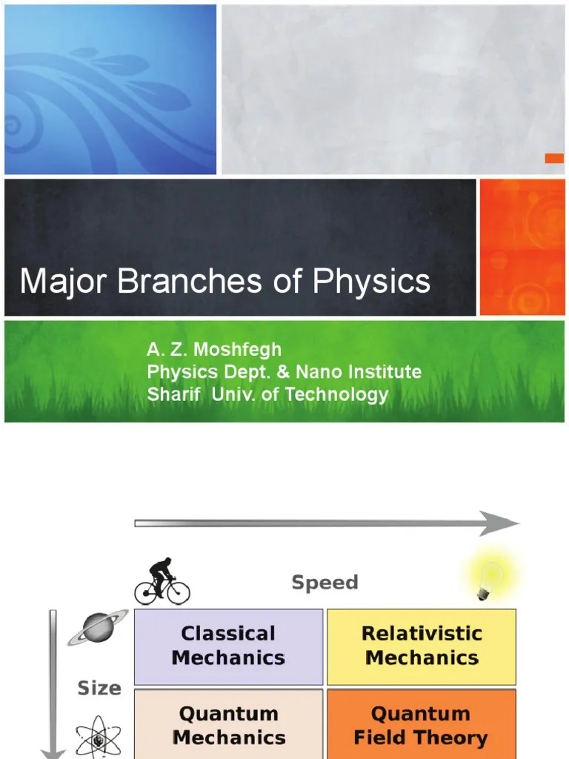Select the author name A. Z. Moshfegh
214,349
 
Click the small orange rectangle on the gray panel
554,158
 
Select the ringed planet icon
98,628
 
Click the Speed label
325,583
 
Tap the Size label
99,689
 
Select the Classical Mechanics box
228,646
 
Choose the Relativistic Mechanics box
421,646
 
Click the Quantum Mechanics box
228,726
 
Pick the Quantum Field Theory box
421,726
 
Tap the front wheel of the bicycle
178,592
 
